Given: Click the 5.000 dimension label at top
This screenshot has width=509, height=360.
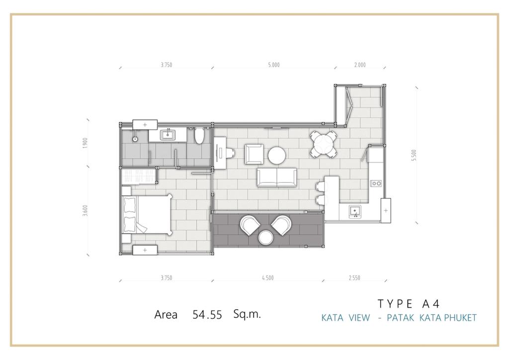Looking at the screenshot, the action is click(274, 65).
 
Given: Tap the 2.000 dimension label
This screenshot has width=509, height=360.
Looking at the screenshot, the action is click(360, 65).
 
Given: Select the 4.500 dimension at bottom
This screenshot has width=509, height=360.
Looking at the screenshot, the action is click(268, 278).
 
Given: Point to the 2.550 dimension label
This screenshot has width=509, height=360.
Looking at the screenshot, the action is click(354, 278).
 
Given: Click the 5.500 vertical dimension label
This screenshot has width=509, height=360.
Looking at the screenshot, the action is click(413, 156).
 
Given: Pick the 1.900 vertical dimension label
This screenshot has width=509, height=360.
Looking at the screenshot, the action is click(85, 143).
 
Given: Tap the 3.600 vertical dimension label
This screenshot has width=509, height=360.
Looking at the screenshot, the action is click(85, 211).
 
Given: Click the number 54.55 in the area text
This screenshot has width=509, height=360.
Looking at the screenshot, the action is click(207, 315).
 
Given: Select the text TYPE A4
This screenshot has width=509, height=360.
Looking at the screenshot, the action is click(409, 304).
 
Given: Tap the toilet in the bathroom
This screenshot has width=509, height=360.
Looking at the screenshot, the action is click(199, 136).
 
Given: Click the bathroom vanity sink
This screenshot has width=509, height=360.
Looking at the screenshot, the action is click(168, 134).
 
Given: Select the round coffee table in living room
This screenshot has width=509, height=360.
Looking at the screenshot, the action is click(277, 156).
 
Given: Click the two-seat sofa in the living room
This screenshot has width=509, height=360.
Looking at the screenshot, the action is click(277, 177).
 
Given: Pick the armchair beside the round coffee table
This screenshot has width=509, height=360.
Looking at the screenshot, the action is click(254, 154).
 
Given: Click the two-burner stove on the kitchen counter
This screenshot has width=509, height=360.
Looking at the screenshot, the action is click(376, 184).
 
